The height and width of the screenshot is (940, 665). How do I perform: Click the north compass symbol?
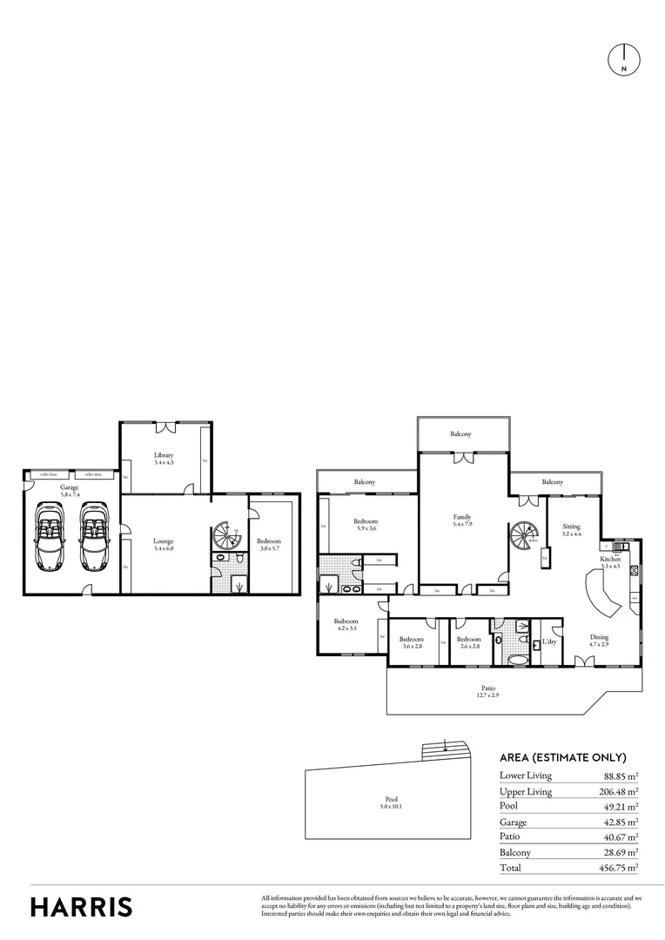(623, 58)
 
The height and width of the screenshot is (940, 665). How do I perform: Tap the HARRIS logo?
(82, 906)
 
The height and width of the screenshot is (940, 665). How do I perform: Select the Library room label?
(164, 459)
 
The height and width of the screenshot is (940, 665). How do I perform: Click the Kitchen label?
(609, 562)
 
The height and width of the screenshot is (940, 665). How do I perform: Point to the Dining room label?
(599, 641)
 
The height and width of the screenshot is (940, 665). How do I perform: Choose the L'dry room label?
(548, 642)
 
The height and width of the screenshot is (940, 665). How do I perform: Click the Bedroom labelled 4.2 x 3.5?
(346, 625)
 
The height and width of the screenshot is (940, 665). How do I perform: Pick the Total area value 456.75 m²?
(621, 869)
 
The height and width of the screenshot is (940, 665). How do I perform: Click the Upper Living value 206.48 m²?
(621, 791)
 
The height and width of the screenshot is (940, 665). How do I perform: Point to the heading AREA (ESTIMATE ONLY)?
(562, 757)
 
